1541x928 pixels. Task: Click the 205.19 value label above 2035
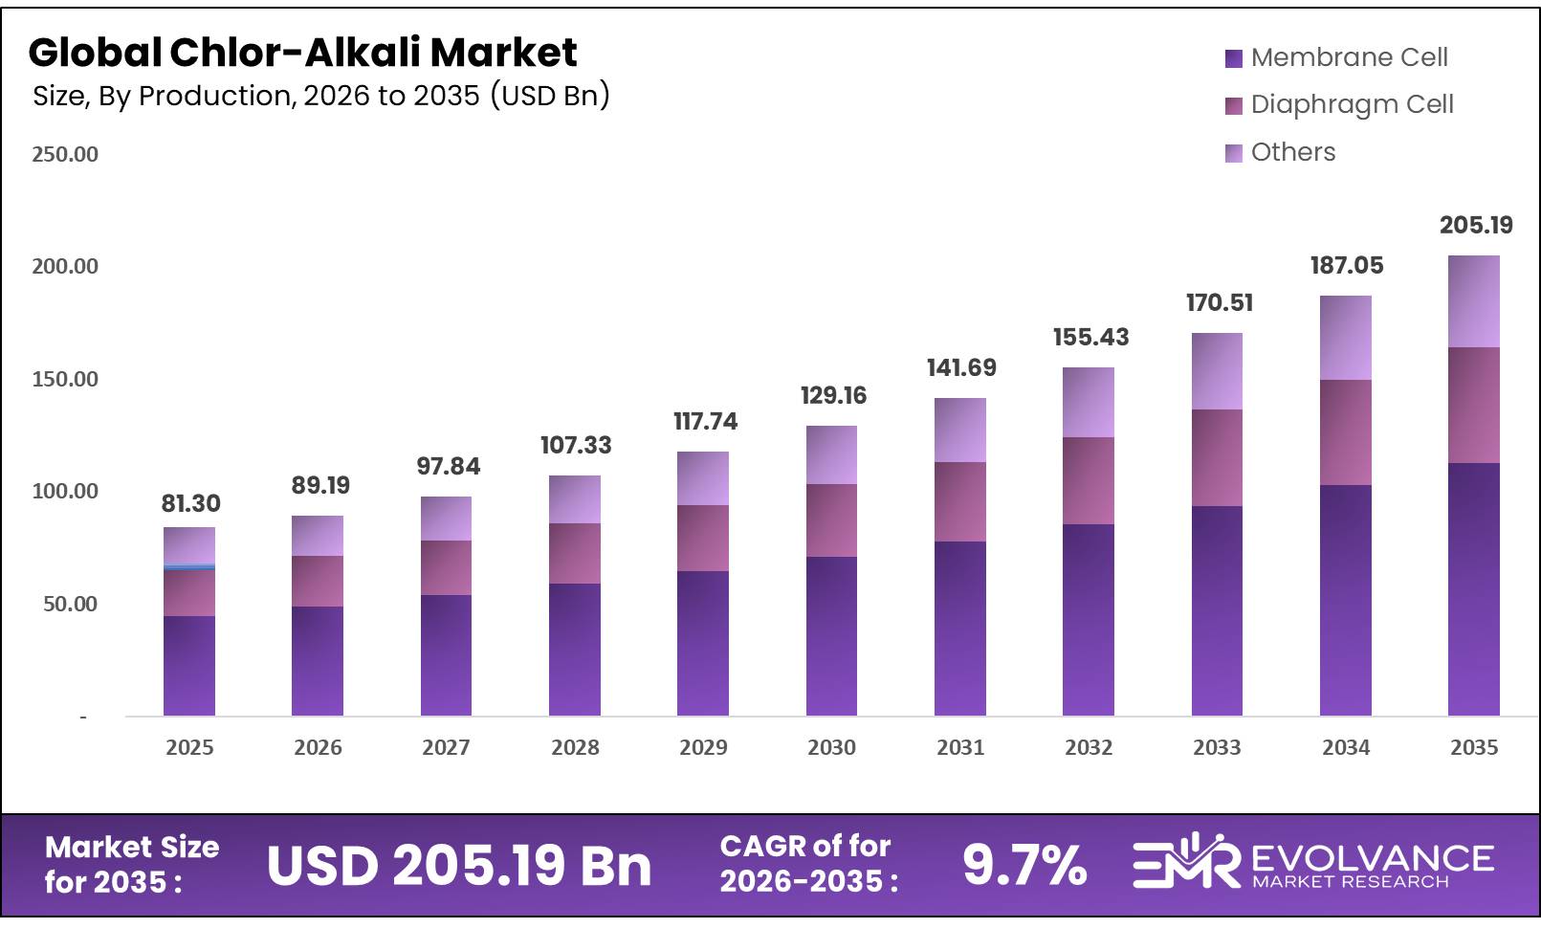[1475, 226]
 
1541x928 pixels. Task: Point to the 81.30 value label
[190, 504]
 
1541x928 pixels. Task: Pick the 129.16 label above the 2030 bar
[832, 396]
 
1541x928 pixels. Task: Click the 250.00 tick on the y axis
[65, 155]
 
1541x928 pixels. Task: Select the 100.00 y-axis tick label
[65, 492]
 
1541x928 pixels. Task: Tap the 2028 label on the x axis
[575, 748]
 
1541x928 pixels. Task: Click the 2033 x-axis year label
[1217, 748]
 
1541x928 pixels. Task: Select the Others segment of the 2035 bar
[1473, 301]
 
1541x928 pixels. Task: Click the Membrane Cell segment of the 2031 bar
[959, 629]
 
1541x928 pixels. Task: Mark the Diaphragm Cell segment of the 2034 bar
[1345, 432]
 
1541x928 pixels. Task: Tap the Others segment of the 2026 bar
[318, 536]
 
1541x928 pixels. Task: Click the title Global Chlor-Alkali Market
[302, 53]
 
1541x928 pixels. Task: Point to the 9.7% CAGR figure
[1024, 865]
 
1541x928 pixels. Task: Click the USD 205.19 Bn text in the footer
[458, 866]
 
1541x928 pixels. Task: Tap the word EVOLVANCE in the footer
[1372, 857]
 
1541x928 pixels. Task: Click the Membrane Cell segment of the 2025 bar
[189, 666]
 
